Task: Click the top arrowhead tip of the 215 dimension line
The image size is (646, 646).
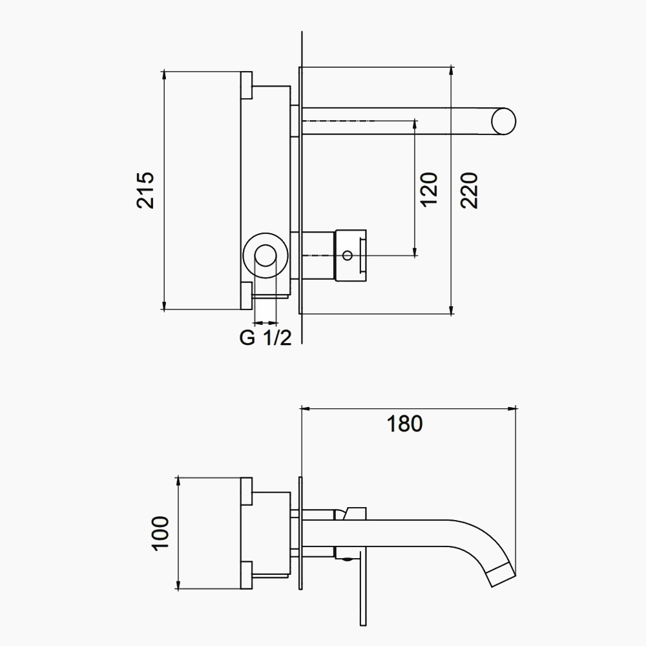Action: coord(164,71)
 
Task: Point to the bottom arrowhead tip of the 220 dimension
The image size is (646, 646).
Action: coord(452,314)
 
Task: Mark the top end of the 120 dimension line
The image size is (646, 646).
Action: coord(415,121)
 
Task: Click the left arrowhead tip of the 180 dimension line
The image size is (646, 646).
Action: coord(302,409)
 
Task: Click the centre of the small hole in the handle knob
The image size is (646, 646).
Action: coord(348,256)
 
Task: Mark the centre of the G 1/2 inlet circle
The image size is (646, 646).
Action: coord(266,256)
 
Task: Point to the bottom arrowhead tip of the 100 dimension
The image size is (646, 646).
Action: coord(178,590)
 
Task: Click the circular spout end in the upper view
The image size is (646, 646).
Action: coord(503,121)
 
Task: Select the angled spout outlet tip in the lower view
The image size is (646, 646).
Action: coord(502,574)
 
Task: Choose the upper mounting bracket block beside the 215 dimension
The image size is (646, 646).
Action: coord(246,85)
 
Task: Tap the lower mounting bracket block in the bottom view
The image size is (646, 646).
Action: coord(246,575)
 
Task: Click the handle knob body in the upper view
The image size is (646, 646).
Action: coord(351,255)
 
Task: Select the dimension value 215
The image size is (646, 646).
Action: coord(145,191)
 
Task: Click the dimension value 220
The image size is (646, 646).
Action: coord(469,191)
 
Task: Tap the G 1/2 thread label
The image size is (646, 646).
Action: coord(266,338)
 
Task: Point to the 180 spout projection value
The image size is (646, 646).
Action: coord(404,424)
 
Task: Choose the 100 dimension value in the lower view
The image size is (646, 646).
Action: coord(160,532)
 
